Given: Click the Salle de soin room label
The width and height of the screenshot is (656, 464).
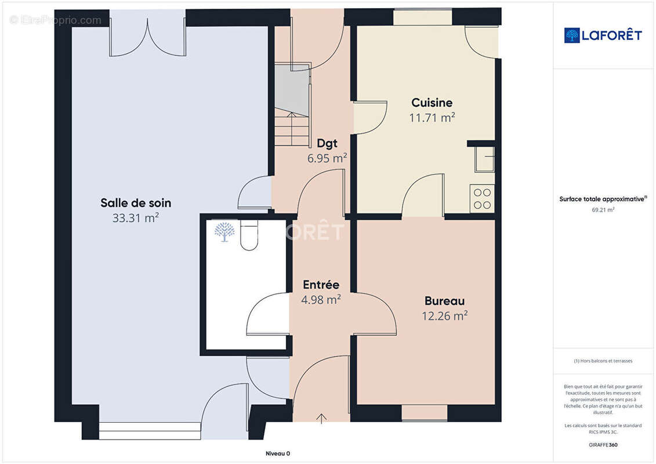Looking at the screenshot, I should [x=136, y=203].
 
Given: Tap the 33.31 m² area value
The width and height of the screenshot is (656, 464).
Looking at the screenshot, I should [x=136, y=218].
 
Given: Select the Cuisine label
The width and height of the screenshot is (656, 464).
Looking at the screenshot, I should [x=432, y=103].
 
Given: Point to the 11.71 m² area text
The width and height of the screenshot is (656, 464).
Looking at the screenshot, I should [x=432, y=118].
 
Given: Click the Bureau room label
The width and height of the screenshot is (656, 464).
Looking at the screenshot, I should [x=444, y=301].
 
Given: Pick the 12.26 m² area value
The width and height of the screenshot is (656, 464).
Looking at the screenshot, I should [x=444, y=316].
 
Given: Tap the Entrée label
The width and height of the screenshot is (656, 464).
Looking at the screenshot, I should [x=321, y=285].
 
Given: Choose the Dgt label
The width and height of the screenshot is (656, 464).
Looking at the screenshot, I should [x=327, y=143].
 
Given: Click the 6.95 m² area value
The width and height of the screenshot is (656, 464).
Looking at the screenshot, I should [x=327, y=158].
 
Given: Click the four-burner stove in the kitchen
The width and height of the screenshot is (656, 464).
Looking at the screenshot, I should [x=482, y=198].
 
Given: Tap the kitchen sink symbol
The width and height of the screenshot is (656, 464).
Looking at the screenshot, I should [x=484, y=159].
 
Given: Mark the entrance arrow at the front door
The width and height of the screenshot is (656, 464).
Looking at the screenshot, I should [x=321, y=418].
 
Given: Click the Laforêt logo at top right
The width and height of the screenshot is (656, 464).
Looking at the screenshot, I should [x=603, y=35].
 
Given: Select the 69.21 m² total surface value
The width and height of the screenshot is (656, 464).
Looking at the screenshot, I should [x=603, y=210].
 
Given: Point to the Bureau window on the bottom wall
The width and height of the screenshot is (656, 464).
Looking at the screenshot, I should [x=425, y=413].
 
